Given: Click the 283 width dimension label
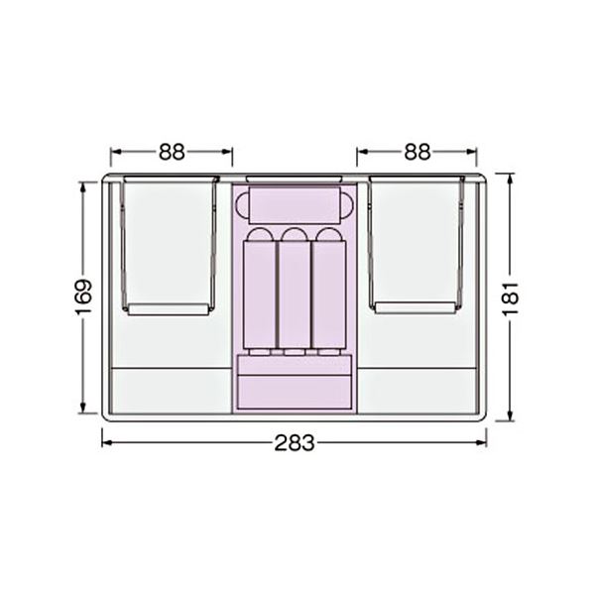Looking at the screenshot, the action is (295, 443).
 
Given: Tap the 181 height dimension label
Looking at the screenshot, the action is (511, 298).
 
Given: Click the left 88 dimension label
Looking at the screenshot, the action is (172, 152).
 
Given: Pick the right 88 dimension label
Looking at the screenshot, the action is (417, 152).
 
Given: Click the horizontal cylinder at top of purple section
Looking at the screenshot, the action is (295, 205).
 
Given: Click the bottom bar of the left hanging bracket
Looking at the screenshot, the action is (169, 309).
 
